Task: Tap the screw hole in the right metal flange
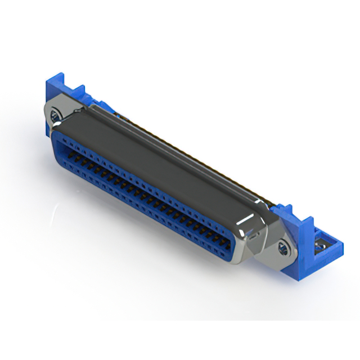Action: coord(283,246)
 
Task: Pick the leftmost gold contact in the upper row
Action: coord(72,153)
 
